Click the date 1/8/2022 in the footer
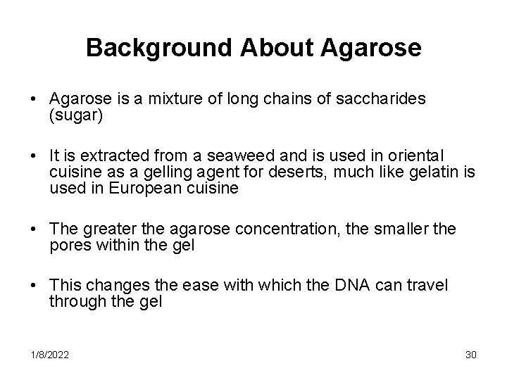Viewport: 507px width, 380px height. point(49,354)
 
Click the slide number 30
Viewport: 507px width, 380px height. point(470,354)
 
